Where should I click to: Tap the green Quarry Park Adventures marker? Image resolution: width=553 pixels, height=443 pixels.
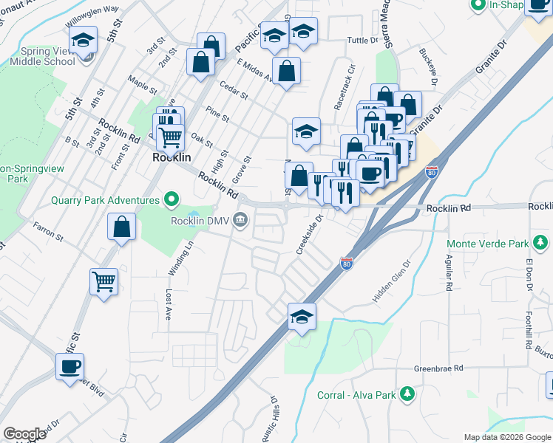click(172, 200)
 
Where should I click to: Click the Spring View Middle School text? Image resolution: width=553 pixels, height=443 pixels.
click(42, 57)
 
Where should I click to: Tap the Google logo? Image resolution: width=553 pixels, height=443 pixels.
click(24, 434)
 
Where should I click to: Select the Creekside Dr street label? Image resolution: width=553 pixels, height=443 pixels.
click(311, 235)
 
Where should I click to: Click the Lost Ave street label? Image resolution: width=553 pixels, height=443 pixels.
click(169, 303)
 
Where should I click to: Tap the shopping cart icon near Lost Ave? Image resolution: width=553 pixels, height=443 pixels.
click(104, 281)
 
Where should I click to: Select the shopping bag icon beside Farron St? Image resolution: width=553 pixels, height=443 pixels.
click(121, 227)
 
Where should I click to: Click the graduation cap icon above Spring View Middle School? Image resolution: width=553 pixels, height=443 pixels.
click(84, 38)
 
